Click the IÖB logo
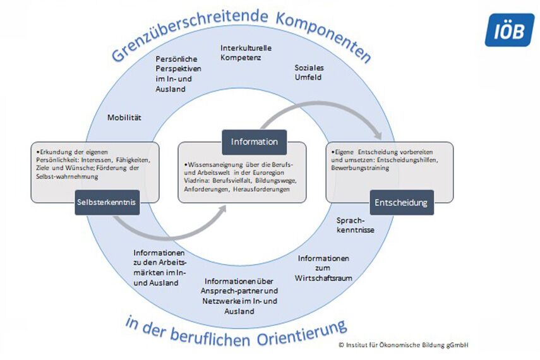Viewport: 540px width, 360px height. (509, 30)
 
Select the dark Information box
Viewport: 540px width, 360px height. (255, 141)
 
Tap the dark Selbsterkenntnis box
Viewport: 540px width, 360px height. (106, 202)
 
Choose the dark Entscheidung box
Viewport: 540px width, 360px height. (402, 203)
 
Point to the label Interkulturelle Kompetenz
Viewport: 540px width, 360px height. (246, 52)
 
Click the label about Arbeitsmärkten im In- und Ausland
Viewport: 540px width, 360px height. (160, 268)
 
